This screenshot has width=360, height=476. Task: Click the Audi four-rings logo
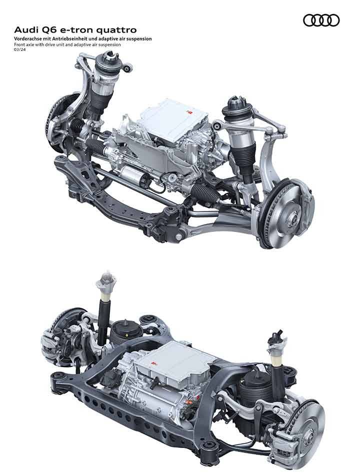(321, 20)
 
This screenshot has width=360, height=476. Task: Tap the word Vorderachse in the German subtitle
(26, 39)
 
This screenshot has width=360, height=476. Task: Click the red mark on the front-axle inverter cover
(189, 112)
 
